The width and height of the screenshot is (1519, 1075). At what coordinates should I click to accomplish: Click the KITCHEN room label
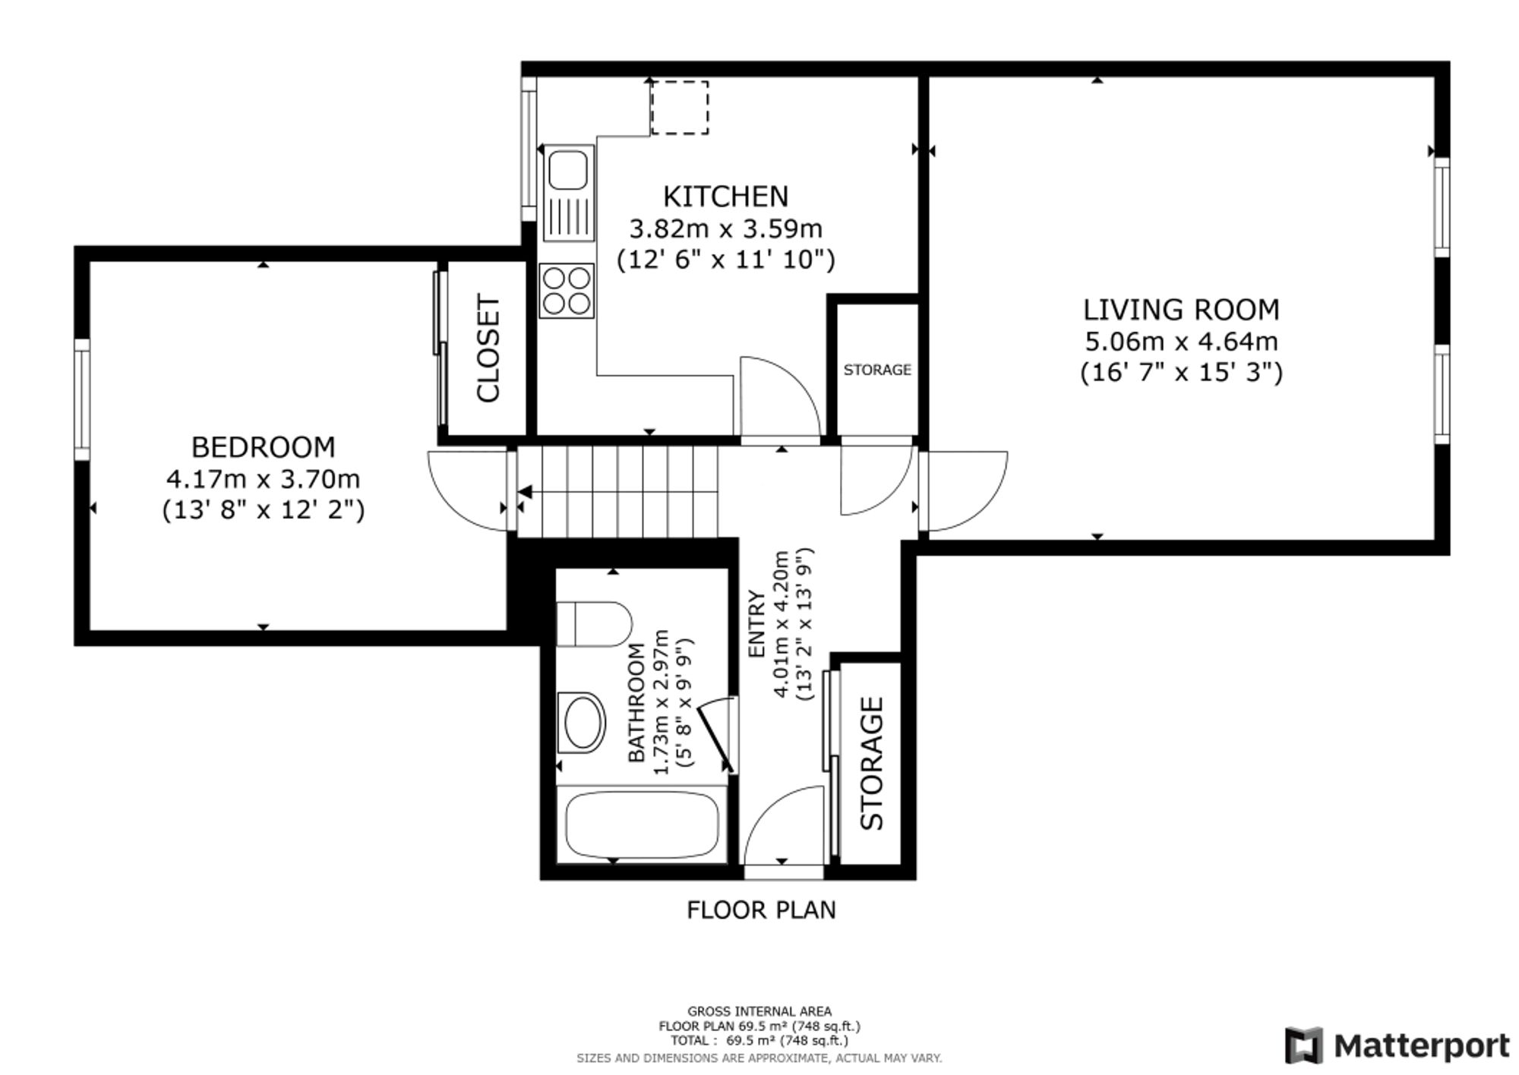point(725,197)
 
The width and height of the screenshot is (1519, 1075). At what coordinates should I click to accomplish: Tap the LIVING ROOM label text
point(1181,310)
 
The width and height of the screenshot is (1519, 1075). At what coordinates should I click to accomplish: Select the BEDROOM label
point(263,447)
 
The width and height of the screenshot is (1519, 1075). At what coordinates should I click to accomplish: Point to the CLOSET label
point(488,348)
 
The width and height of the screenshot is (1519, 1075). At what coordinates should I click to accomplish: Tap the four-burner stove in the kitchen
point(567,291)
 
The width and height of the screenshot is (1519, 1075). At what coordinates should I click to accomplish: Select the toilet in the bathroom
point(594,624)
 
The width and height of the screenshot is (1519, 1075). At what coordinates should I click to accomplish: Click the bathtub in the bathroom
point(642,824)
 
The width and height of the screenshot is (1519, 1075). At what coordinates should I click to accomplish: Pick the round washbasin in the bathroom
point(581,722)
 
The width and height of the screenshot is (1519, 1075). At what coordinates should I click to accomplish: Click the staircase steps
point(617,492)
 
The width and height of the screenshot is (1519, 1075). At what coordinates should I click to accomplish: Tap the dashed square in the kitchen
point(680,108)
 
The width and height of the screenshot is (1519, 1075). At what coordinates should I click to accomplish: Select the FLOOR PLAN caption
point(761,909)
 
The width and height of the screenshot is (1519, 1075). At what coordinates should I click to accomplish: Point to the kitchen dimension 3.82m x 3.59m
point(725,228)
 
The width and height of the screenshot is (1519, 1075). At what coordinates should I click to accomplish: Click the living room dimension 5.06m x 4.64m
point(1181,342)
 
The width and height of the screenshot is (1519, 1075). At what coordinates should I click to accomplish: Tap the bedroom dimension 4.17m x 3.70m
point(263,479)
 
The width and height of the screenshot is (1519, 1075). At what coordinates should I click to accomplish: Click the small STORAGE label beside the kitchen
point(877,370)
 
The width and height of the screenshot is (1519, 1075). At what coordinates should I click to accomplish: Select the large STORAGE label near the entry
point(872,763)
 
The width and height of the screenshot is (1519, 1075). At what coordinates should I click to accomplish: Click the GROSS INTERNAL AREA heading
point(759,1011)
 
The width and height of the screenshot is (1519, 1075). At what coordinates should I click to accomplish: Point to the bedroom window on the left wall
point(82,399)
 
